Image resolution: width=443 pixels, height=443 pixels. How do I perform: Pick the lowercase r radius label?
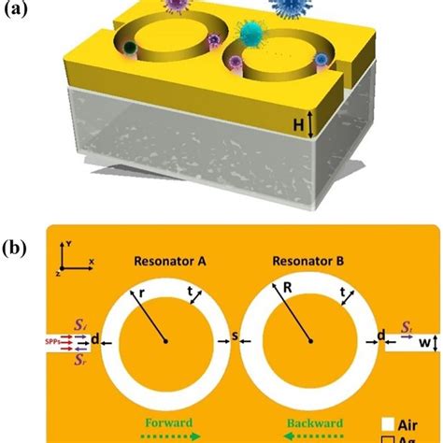[x=138, y=293]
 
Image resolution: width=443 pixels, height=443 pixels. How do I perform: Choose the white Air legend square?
[x=385, y=422]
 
